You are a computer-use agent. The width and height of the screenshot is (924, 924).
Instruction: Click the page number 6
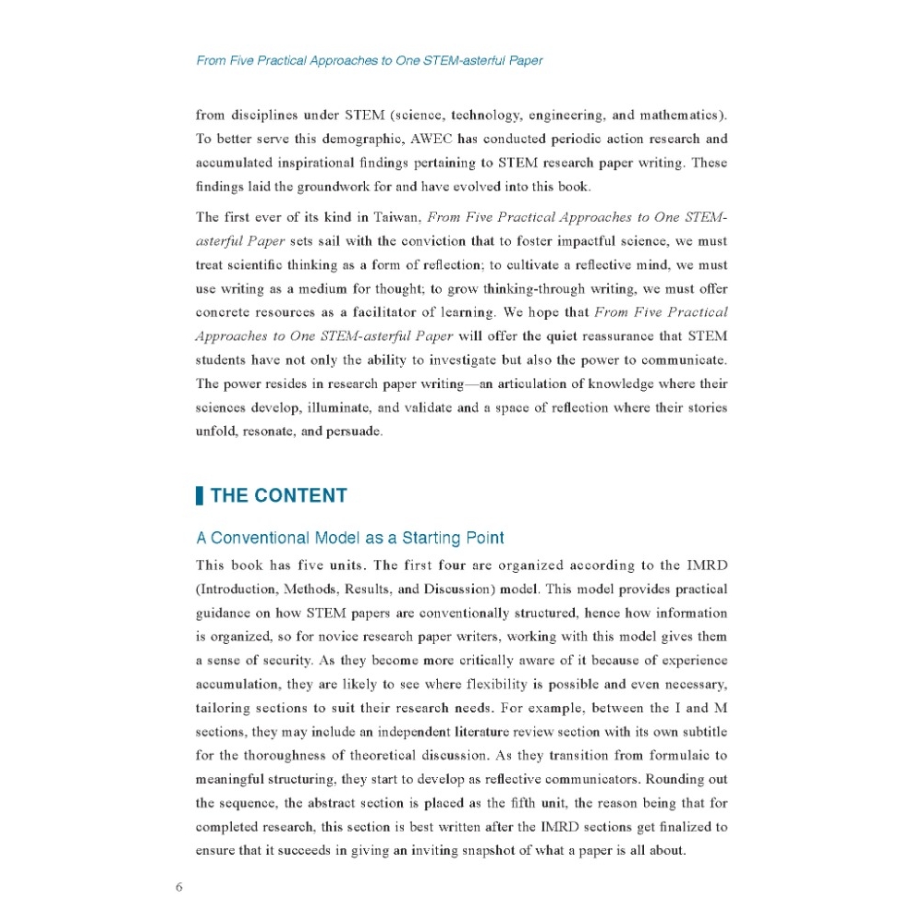click(x=179, y=888)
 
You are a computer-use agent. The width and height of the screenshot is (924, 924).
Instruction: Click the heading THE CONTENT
click(x=278, y=495)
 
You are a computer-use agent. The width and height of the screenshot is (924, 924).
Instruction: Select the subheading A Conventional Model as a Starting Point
click(x=350, y=538)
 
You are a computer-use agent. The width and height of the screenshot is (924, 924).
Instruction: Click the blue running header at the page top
click(x=370, y=61)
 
